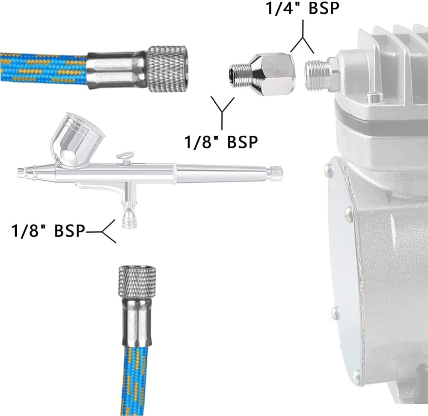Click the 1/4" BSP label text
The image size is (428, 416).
click(x=303, y=8)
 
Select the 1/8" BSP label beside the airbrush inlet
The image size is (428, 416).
click(x=48, y=231)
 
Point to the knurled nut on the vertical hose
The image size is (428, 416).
click(x=137, y=282)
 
